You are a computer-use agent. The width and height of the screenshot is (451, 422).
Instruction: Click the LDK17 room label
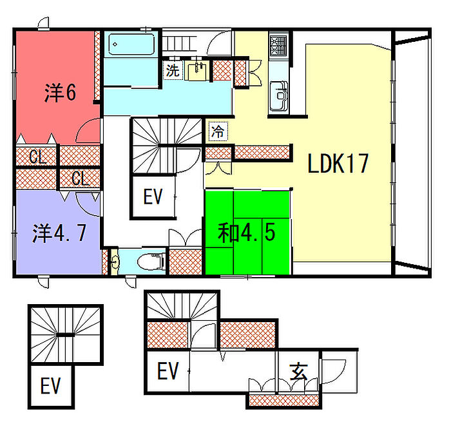(338, 164)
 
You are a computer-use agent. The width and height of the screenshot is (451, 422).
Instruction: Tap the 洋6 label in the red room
(61, 93)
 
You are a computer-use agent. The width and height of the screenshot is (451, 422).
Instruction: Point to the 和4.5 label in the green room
(247, 233)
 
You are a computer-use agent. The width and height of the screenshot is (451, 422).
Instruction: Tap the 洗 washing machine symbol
(173, 71)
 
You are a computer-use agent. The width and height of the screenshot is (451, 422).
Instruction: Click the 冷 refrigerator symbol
(218, 133)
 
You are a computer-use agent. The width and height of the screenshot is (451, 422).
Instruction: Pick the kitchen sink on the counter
(281, 95)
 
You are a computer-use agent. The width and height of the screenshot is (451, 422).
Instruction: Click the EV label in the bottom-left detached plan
(50, 386)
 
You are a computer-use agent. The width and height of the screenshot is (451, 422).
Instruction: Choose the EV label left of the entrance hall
(168, 371)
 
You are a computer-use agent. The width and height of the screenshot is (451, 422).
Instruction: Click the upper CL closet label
(37, 156)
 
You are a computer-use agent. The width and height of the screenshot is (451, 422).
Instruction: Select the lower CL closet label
(79, 178)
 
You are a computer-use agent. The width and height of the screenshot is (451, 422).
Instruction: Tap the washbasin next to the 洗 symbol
(198, 70)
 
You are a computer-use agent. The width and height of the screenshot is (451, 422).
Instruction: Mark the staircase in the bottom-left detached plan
(65, 334)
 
